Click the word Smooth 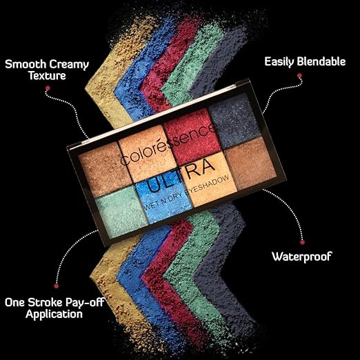tap(26, 64)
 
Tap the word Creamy tap(69, 65)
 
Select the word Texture tap(48, 76)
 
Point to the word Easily tap(279, 62)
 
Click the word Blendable tap(321, 61)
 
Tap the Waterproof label tap(302, 257)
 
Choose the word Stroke tap(46, 302)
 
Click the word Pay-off tap(86, 303)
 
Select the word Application tap(54, 314)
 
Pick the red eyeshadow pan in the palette tap(192, 137)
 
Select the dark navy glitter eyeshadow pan tap(234, 121)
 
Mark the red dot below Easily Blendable tap(299, 76)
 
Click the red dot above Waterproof tap(303, 242)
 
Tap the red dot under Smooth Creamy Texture tap(48, 88)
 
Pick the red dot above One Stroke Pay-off tap(57, 286)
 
